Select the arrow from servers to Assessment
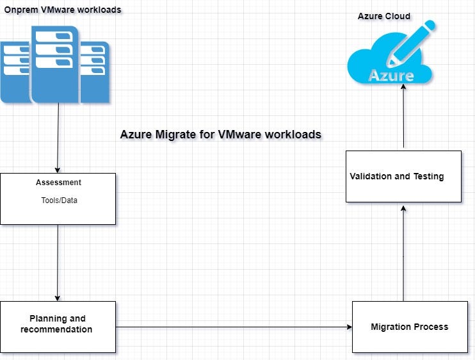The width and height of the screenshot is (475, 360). pyautogui.click(x=58, y=138)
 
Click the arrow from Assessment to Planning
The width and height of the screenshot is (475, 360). pyautogui.click(x=58, y=263)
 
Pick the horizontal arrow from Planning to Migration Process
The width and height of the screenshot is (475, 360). pyautogui.click(x=234, y=327)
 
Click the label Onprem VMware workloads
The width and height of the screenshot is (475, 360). pyautogui.click(x=63, y=10)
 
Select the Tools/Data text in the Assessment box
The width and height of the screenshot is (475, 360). pyautogui.click(x=58, y=199)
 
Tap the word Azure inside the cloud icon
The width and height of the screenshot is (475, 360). pyautogui.click(x=391, y=76)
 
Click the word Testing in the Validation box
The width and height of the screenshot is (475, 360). pyautogui.click(x=428, y=176)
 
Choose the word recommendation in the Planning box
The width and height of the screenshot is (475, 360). pyautogui.click(x=56, y=329)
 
